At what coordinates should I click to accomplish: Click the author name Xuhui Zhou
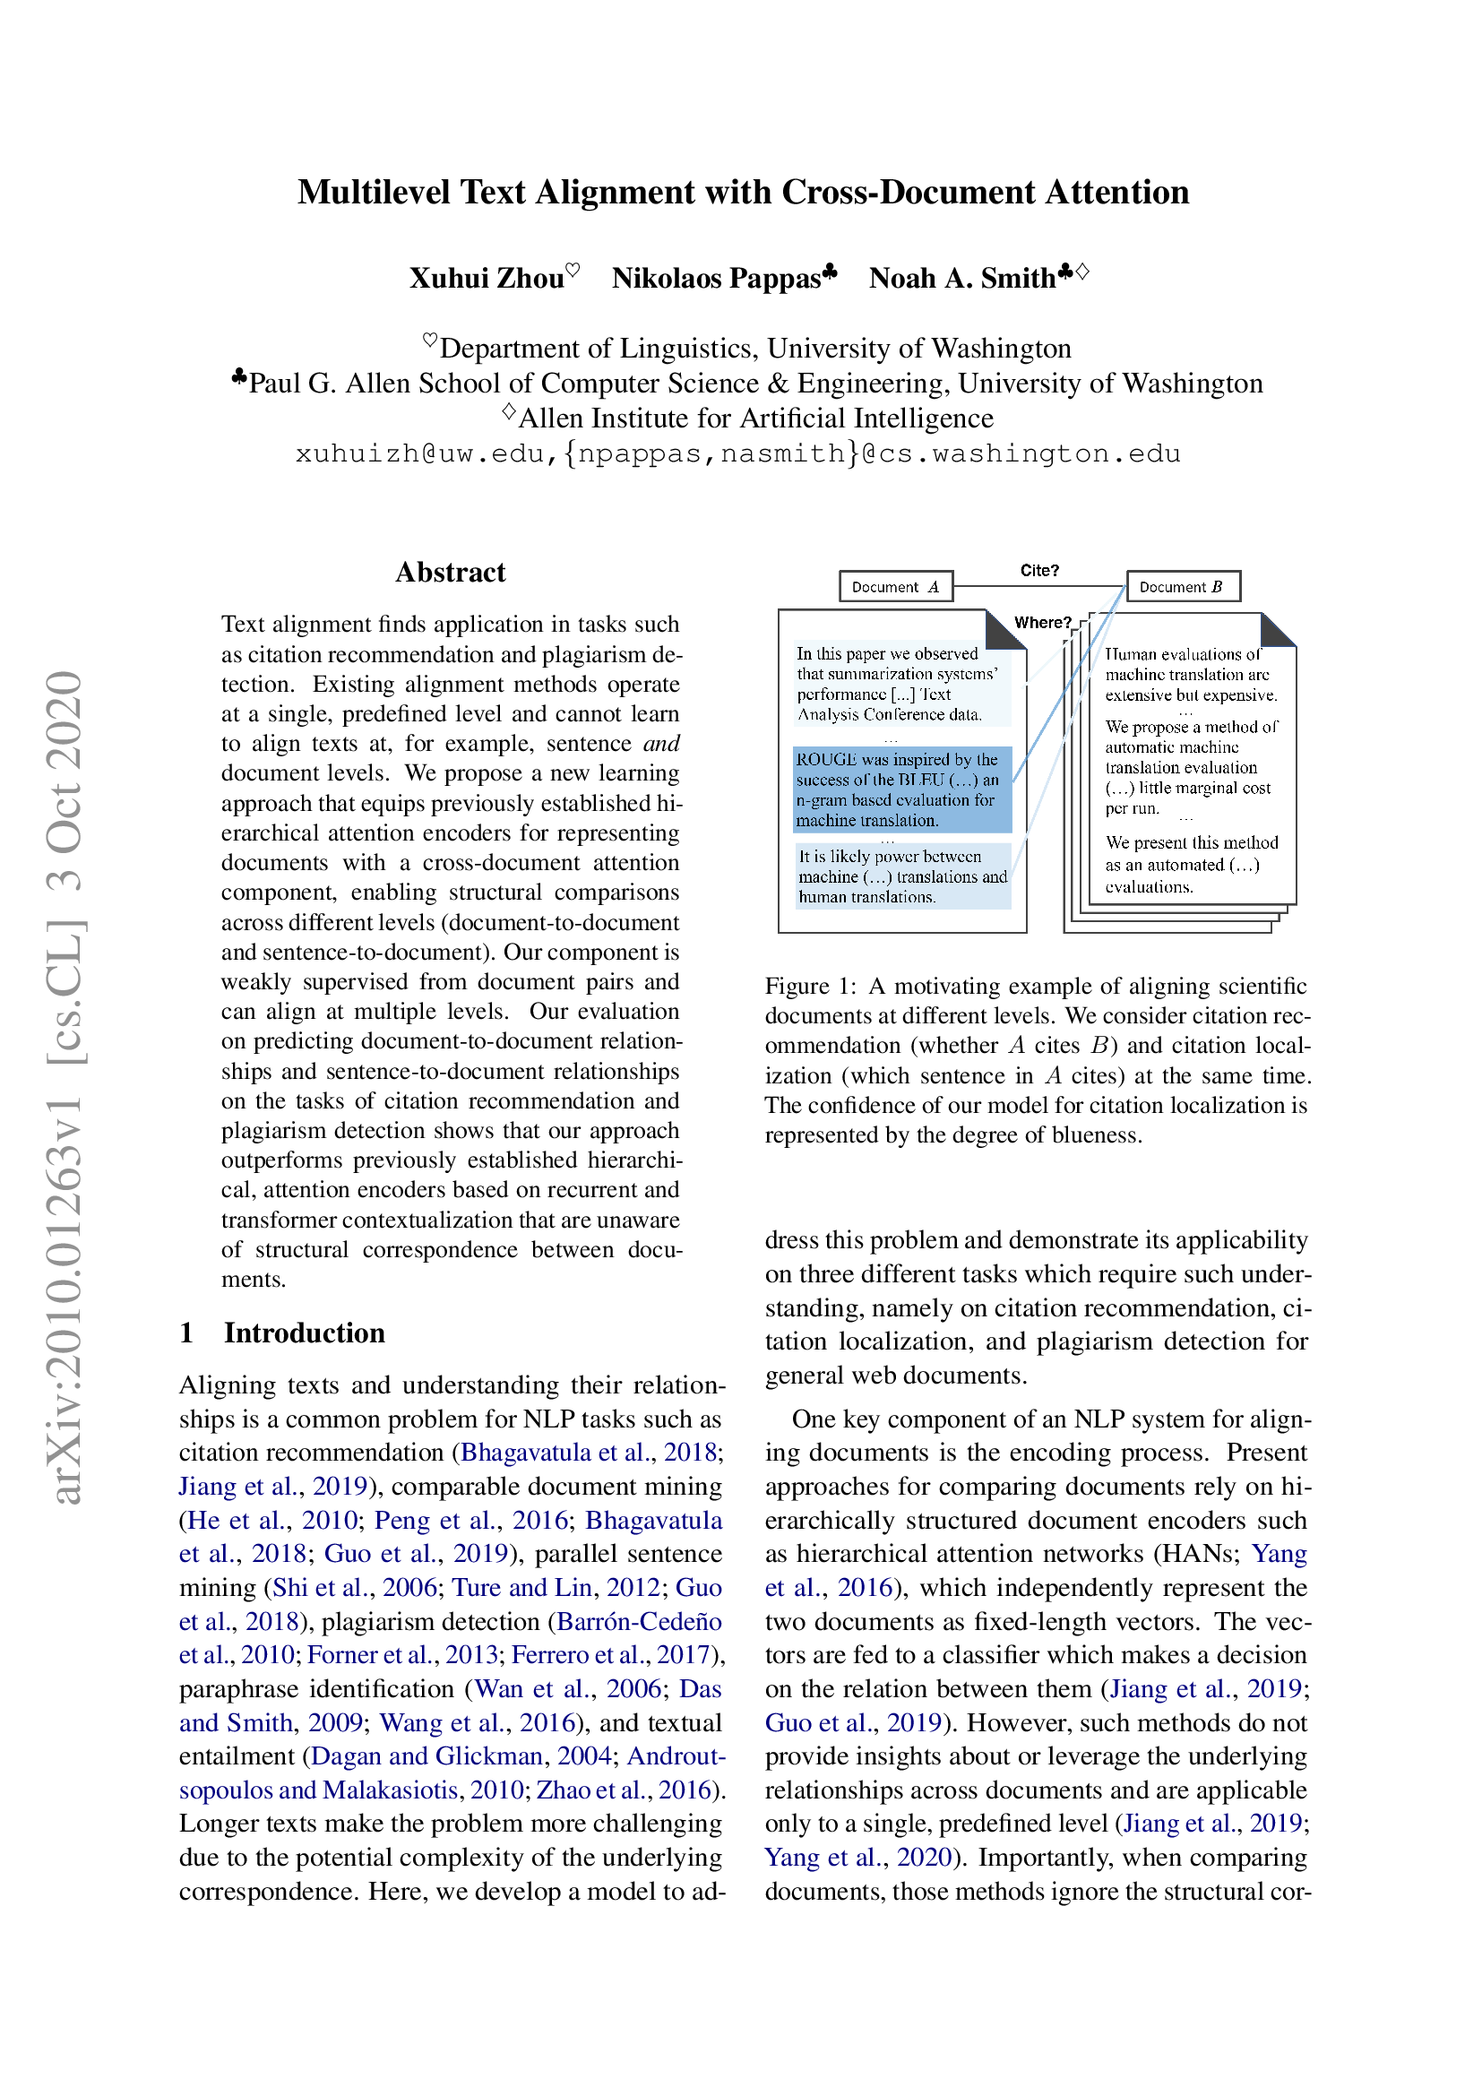(x=487, y=278)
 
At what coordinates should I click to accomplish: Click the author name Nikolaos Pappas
(x=717, y=278)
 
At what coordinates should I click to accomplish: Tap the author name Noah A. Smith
(x=961, y=278)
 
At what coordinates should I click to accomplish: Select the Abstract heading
(x=450, y=573)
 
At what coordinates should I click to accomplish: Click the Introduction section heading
(x=304, y=1333)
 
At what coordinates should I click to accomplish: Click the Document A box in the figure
(x=894, y=587)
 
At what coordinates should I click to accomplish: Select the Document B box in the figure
(x=1183, y=587)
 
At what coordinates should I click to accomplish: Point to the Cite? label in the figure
(x=1038, y=571)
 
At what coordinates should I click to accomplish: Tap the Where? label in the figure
(x=1042, y=623)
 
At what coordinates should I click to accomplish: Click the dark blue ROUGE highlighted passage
(x=900, y=789)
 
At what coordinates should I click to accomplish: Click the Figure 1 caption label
(x=809, y=987)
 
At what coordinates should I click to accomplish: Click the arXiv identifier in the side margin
(x=66, y=1086)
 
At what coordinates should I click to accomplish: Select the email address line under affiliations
(x=737, y=453)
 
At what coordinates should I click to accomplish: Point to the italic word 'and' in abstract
(x=660, y=744)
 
